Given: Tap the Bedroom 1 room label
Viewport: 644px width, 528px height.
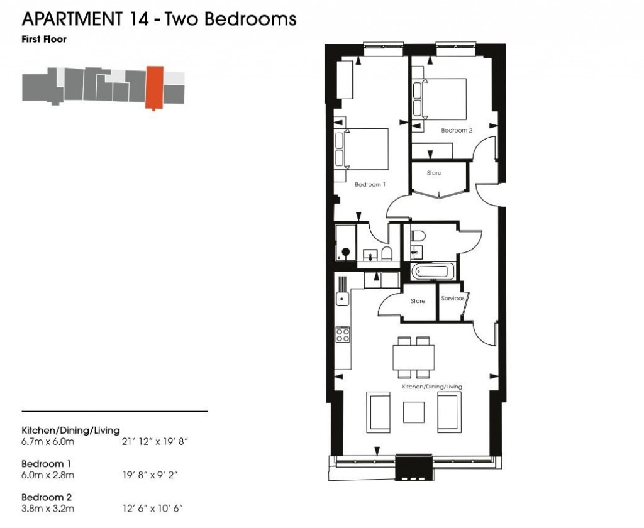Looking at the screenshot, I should (x=370, y=185).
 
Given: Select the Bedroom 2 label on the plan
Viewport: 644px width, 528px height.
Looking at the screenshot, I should (x=456, y=131).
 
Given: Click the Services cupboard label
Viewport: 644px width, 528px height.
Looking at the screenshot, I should (x=453, y=299).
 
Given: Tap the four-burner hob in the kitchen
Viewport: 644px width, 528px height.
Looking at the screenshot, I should (x=343, y=334).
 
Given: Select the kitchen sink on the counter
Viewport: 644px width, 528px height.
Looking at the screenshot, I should (x=343, y=299).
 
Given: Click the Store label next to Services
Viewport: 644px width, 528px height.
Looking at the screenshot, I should (x=418, y=301).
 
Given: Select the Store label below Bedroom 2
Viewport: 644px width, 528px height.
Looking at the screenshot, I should (x=434, y=173).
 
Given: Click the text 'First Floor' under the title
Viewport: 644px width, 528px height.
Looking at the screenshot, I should (x=44, y=39).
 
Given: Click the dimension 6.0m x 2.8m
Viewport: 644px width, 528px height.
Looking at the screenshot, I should (x=48, y=475).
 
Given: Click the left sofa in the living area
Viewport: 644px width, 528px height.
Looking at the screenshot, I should (x=377, y=412).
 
